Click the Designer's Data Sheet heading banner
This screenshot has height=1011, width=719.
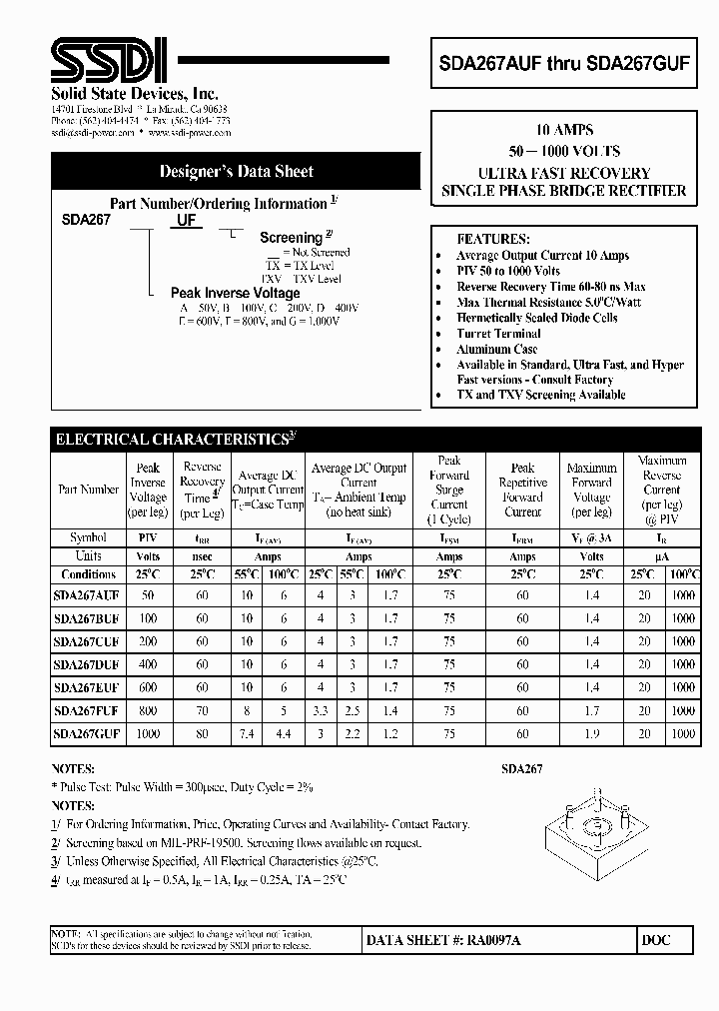point(237,172)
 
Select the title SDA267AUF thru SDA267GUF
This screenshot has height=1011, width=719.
point(564,60)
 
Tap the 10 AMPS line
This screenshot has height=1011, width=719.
point(564,131)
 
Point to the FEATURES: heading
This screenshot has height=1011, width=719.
point(493,240)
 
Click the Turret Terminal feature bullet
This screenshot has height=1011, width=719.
point(498,334)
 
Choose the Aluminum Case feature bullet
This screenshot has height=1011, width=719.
point(497,350)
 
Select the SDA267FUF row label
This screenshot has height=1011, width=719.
point(87,711)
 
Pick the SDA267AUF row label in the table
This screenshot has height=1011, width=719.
point(87,593)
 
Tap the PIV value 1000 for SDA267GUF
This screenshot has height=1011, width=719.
point(149,734)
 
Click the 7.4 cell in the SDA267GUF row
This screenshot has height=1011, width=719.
point(247,734)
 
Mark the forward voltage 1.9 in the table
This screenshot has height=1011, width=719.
point(591,734)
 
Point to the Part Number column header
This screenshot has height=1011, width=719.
point(88,490)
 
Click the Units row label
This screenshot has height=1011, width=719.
point(88,556)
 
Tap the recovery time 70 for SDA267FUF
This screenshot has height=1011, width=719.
point(203,711)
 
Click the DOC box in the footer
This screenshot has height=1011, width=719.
point(657,941)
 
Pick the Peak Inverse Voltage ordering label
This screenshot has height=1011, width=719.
point(235,293)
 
